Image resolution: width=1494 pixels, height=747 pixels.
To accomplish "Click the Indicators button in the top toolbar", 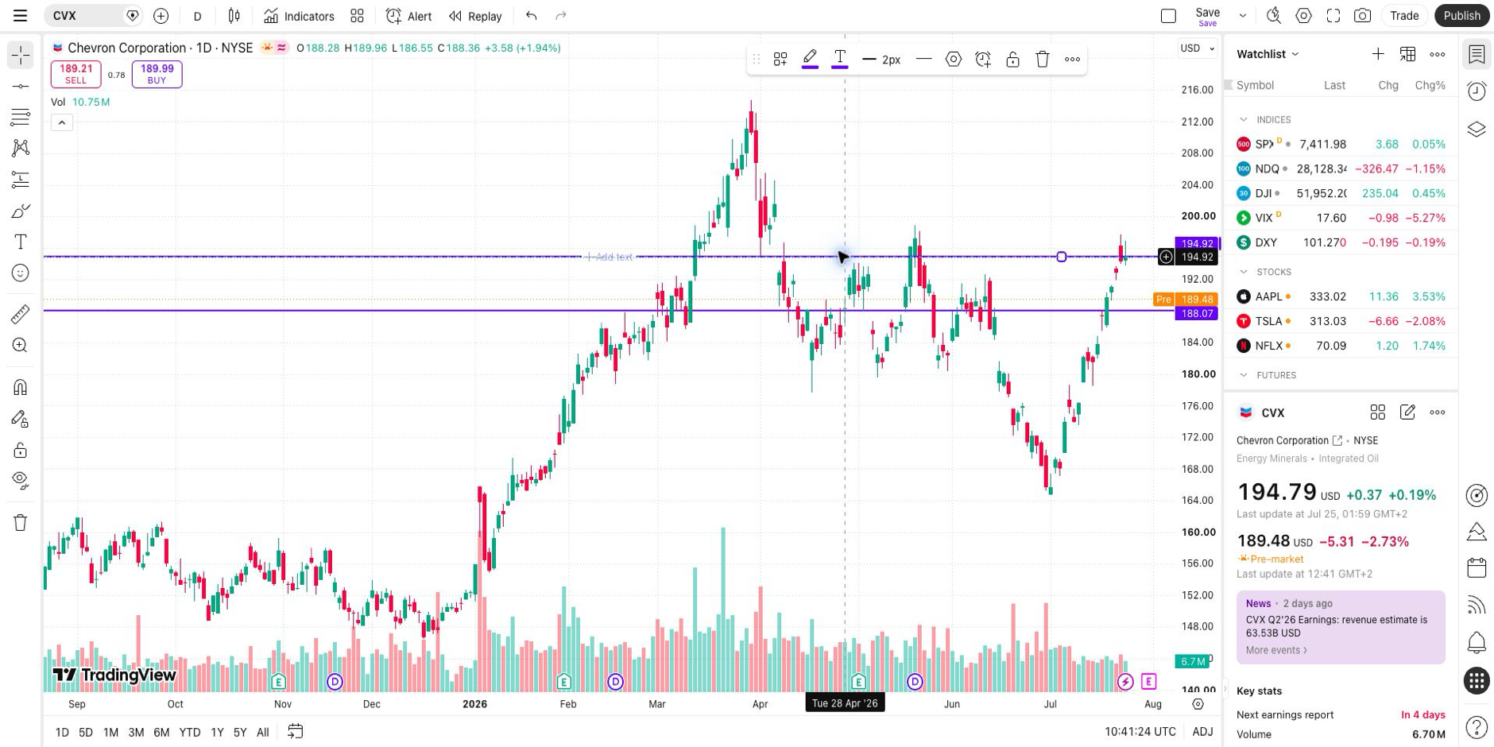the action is click(x=299, y=16).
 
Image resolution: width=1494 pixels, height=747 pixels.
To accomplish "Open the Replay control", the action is click(x=475, y=16).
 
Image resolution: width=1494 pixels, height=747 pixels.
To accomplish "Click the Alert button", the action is click(x=408, y=16).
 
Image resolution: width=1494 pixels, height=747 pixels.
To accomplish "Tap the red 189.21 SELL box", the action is click(x=76, y=74).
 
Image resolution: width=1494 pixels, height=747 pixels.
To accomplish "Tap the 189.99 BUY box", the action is click(x=157, y=74).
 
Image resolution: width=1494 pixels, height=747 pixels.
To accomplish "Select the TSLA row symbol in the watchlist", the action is click(x=1268, y=321).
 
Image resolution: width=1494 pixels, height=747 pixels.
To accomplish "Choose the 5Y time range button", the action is click(x=240, y=732).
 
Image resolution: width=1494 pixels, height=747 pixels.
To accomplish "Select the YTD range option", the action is click(x=189, y=732).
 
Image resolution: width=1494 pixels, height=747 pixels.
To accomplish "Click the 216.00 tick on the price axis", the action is click(x=1197, y=90).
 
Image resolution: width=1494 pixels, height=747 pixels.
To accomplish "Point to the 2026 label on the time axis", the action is click(x=474, y=704).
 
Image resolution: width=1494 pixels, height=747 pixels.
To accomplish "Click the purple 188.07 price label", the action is click(x=1197, y=313).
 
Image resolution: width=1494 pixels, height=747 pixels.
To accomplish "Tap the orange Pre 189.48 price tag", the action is click(x=1185, y=300).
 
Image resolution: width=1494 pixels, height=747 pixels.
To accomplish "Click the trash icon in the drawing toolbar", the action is click(x=1043, y=59).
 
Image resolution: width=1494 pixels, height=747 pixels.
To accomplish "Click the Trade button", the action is click(x=1404, y=16).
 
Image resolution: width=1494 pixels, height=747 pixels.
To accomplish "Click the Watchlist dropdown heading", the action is click(x=1268, y=54).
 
